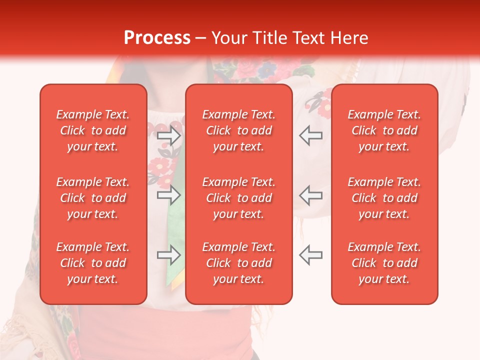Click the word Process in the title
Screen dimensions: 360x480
(x=157, y=38)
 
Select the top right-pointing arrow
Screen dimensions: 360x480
(x=168, y=135)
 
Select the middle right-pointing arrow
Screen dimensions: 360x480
(x=168, y=195)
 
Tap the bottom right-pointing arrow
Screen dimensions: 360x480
(x=168, y=255)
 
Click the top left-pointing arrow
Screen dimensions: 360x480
(x=311, y=135)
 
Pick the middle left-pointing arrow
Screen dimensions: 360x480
(x=311, y=195)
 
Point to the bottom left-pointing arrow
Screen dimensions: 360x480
(x=311, y=255)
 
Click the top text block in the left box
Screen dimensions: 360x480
(x=93, y=130)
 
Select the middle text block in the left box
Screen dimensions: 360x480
(x=93, y=198)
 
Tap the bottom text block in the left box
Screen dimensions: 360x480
(x=93, y=263)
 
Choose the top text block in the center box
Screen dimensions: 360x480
(x=239, y=130)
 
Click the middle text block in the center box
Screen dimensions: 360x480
(x=239, y=198)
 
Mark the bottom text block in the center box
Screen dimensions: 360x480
(x=239, y=263)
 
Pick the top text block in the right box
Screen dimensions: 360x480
(x=384, y=130)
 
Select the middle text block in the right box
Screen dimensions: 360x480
(x=384, y=198)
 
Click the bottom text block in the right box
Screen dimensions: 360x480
(x=384, y=263)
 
